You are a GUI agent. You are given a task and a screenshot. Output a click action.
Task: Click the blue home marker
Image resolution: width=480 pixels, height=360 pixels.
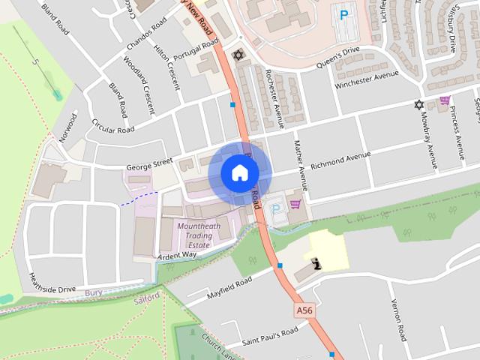pyautogui.click(x=239, y=173)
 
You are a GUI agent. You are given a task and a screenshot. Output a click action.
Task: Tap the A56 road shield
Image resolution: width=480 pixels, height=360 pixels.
pyautogui.click(x=304, y=310)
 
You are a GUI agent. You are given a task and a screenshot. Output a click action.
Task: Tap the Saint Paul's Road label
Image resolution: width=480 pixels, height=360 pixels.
pyautogui.click(x=271, y=335)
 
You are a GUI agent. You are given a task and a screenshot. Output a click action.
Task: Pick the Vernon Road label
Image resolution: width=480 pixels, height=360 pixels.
pyautogui.click(x=398, y=319)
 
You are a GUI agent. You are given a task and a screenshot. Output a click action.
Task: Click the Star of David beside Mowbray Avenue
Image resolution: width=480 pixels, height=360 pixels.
pyautogui.click(x=418, y=104)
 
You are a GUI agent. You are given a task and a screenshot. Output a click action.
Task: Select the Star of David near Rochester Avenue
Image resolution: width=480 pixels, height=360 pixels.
pyautogui.click(x=239, y=55)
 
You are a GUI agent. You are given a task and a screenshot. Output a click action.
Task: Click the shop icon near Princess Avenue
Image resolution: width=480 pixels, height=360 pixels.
pyautogui.click(x=445, y=100)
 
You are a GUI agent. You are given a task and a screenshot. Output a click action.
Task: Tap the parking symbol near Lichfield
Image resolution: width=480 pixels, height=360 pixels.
pyautogui.click(x=344, y=14)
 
